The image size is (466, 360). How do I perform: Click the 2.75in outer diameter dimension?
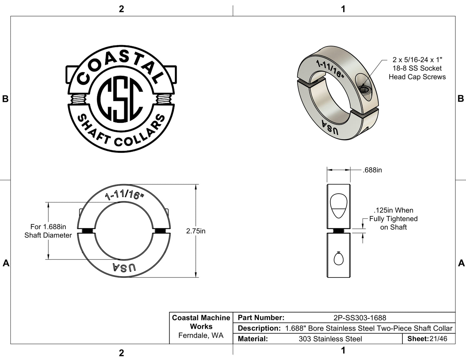[195, 231]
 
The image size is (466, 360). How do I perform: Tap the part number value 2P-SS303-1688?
[360, 318]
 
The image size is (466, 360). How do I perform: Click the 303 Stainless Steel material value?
[330, 339]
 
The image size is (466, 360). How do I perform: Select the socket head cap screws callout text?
[417, 68]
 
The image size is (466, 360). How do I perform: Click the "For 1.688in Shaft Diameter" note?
[48, 231]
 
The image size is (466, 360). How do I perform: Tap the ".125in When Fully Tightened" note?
[393, 219]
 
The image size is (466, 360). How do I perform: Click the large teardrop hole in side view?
[338, 206]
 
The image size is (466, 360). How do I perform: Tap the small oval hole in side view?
[338, 258]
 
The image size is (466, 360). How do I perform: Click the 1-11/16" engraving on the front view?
[124, 195]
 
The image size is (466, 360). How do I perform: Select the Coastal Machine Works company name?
[201, 322]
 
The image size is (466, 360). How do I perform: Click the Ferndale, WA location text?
[201, 336]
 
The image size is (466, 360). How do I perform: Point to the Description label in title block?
[259, 328]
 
